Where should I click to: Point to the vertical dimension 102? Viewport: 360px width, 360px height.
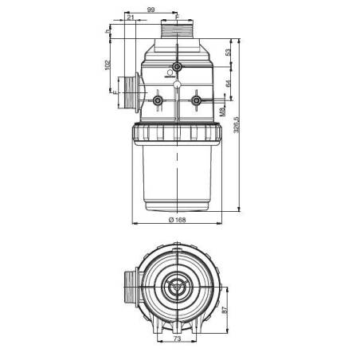[108, 67]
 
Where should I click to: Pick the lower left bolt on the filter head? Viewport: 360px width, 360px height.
[157, 101]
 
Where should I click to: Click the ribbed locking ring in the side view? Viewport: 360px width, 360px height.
[176, 132]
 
